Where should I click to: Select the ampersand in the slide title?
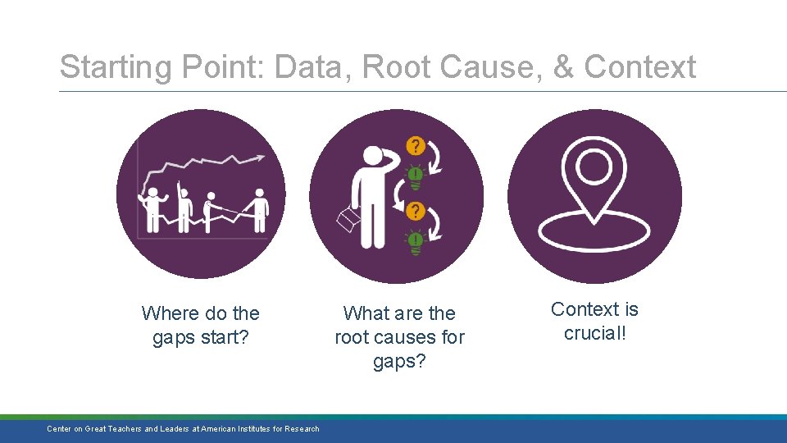pos(564,67)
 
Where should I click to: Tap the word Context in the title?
pos(640,67)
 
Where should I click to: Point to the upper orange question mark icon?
pos(416,147)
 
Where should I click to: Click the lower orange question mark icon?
pos(416,212)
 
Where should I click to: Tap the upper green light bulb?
pos(416,175)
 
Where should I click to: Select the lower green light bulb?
pos(416,240)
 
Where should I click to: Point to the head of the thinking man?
pos(374,155)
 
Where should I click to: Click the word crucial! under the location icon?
pos(595,333)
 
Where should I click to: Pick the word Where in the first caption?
pos(171,313)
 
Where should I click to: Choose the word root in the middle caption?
pos(352,337)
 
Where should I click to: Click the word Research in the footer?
pos(303,429)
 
